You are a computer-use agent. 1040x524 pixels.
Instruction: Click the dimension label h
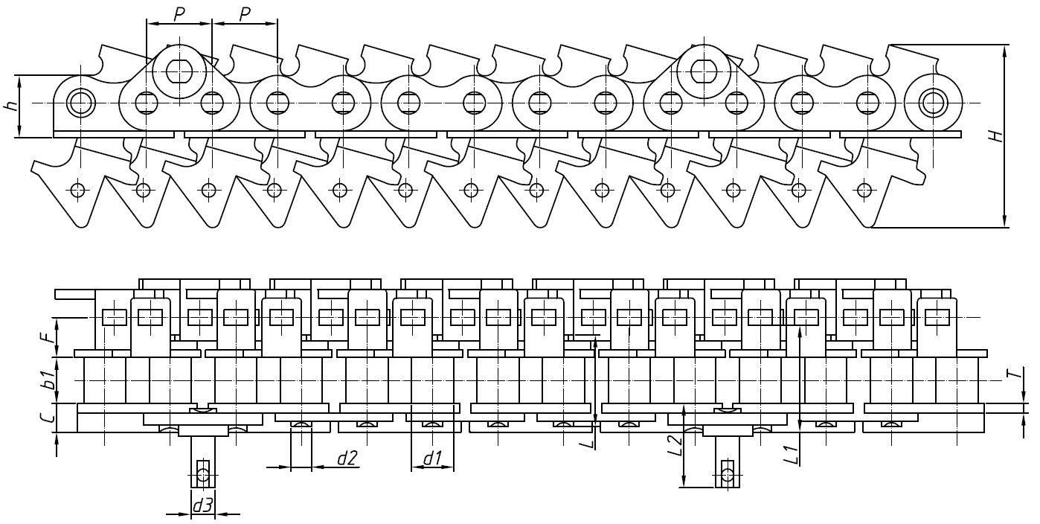pos(11,106)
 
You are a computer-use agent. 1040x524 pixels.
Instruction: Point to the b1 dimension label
pos(48,380)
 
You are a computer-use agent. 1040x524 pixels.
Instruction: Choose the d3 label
pos(202,506)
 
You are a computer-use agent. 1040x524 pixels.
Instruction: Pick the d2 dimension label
pos(347,458)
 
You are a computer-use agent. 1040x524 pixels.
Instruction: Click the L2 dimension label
pos(675,444)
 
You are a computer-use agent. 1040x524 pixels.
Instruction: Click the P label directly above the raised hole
pos(179,14)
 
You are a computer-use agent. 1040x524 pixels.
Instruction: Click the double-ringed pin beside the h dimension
pos(79,102)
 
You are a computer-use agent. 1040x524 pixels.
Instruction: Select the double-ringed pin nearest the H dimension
pos(932,102)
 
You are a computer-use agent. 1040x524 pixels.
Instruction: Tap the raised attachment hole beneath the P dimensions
pos(179,70)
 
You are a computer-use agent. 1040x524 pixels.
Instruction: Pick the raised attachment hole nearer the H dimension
pos(703,70)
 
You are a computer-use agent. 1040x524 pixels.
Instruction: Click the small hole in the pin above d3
pos(202,473)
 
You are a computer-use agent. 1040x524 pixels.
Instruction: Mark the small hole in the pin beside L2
pos(728,473)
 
